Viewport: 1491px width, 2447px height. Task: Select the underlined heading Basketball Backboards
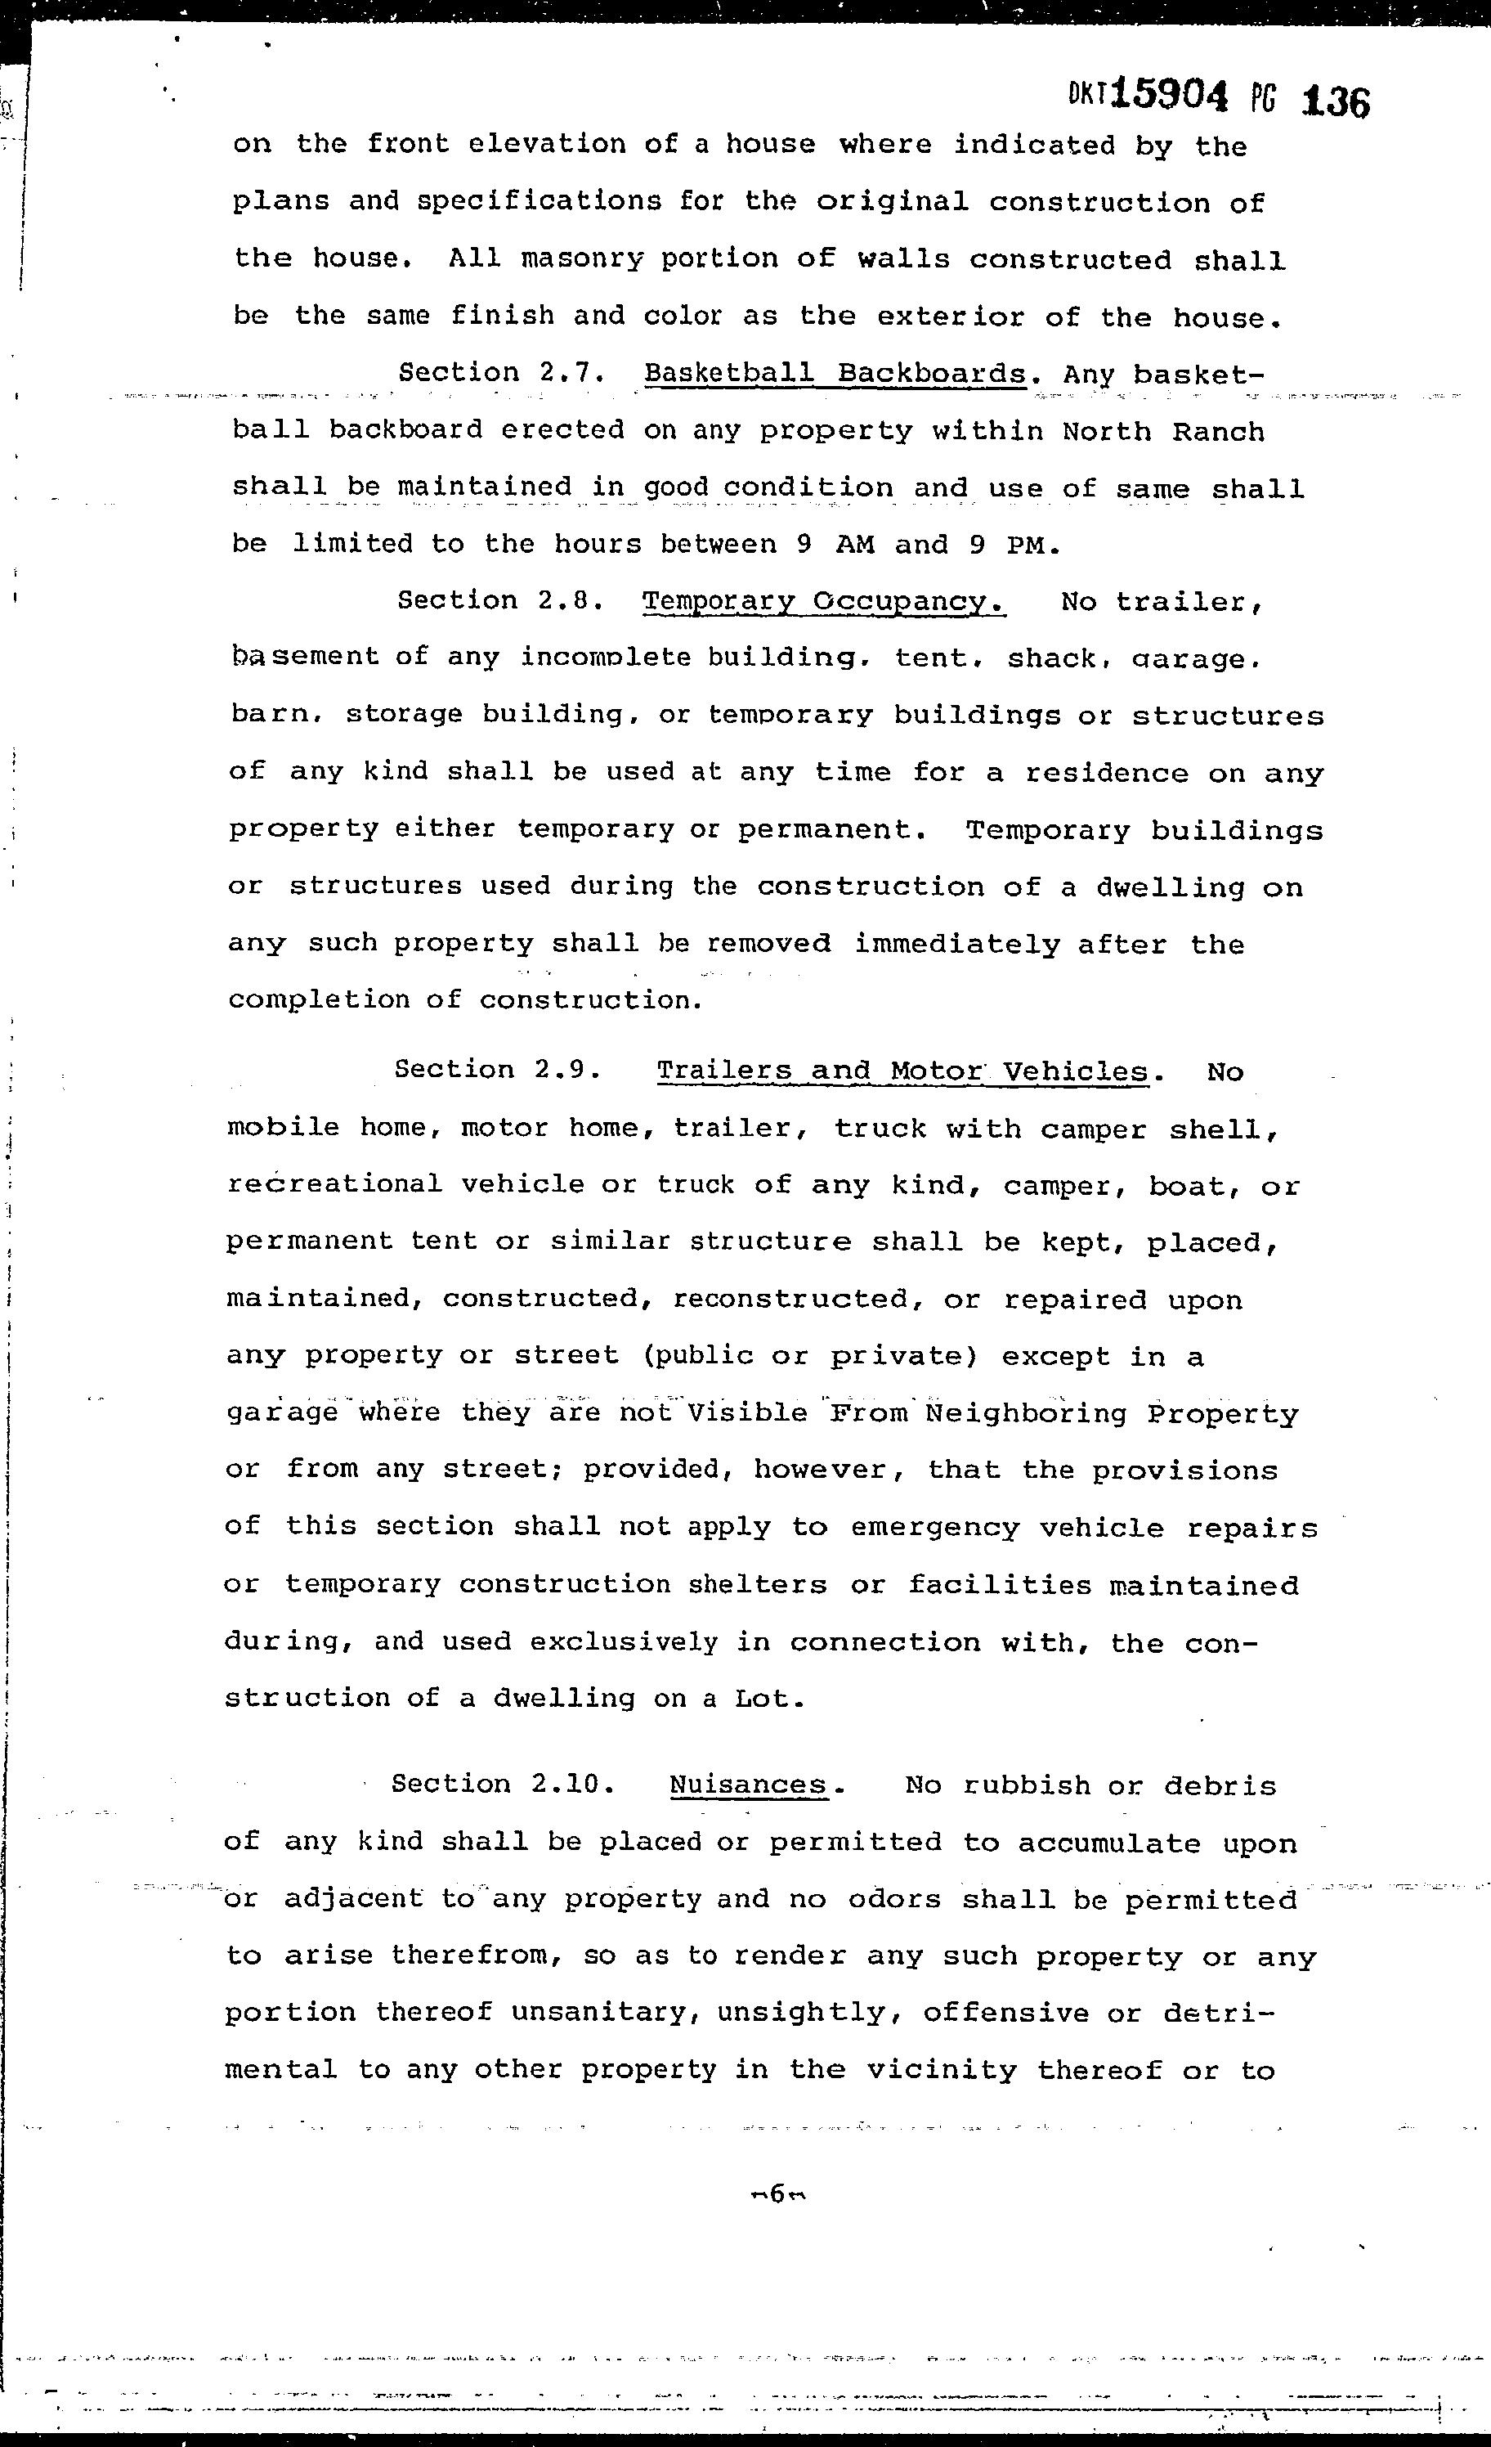pyautogui.click(x=834, y=374)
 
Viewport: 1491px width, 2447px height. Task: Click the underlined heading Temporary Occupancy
pyautogui.click(x=824, y=602)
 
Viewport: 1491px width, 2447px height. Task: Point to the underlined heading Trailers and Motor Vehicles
pyautogui.click(x=902, y=1071)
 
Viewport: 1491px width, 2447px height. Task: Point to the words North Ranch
pyautogui.click(x=1163, y=432)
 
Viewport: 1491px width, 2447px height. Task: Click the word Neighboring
pyautogui.click(x=1027, y=1413)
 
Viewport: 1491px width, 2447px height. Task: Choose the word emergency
pyautogui.click(x=934, y=1528)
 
